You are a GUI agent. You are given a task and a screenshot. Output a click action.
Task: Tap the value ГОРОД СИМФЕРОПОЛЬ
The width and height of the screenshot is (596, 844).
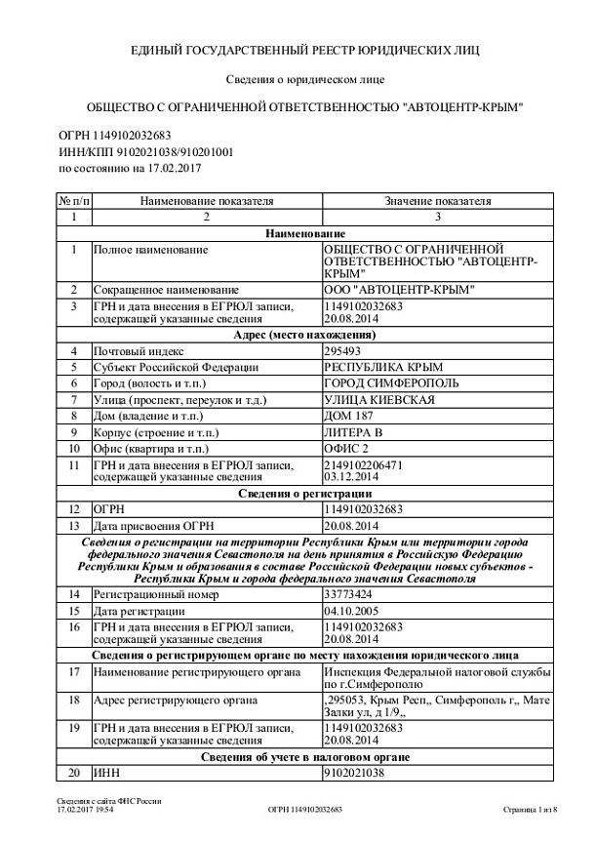(381, 384)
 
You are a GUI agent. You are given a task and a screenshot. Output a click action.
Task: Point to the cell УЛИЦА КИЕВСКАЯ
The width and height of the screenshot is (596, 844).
(378, 401)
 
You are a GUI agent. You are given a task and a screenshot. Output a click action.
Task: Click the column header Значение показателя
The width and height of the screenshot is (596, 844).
(436, 201)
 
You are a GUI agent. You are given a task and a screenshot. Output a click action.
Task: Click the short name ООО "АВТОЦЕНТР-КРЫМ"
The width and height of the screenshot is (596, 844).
(399, 290)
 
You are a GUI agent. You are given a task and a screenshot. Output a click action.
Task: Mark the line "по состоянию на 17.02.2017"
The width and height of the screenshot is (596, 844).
(123, 169)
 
